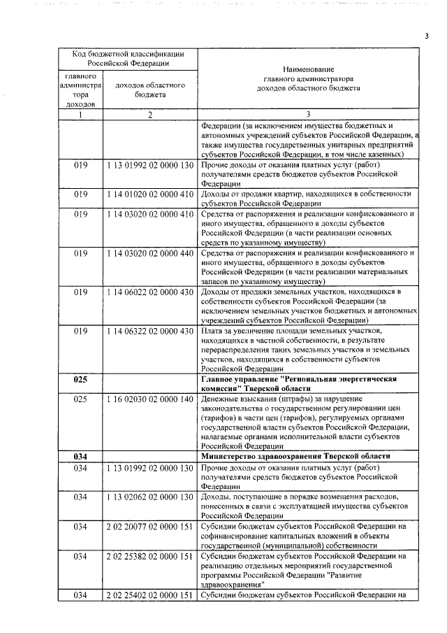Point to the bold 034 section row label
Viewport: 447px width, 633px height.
tap(81, 457)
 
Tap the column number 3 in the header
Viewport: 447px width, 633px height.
tap(308, 115)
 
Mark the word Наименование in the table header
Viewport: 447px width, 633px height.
tap(308, 69)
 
